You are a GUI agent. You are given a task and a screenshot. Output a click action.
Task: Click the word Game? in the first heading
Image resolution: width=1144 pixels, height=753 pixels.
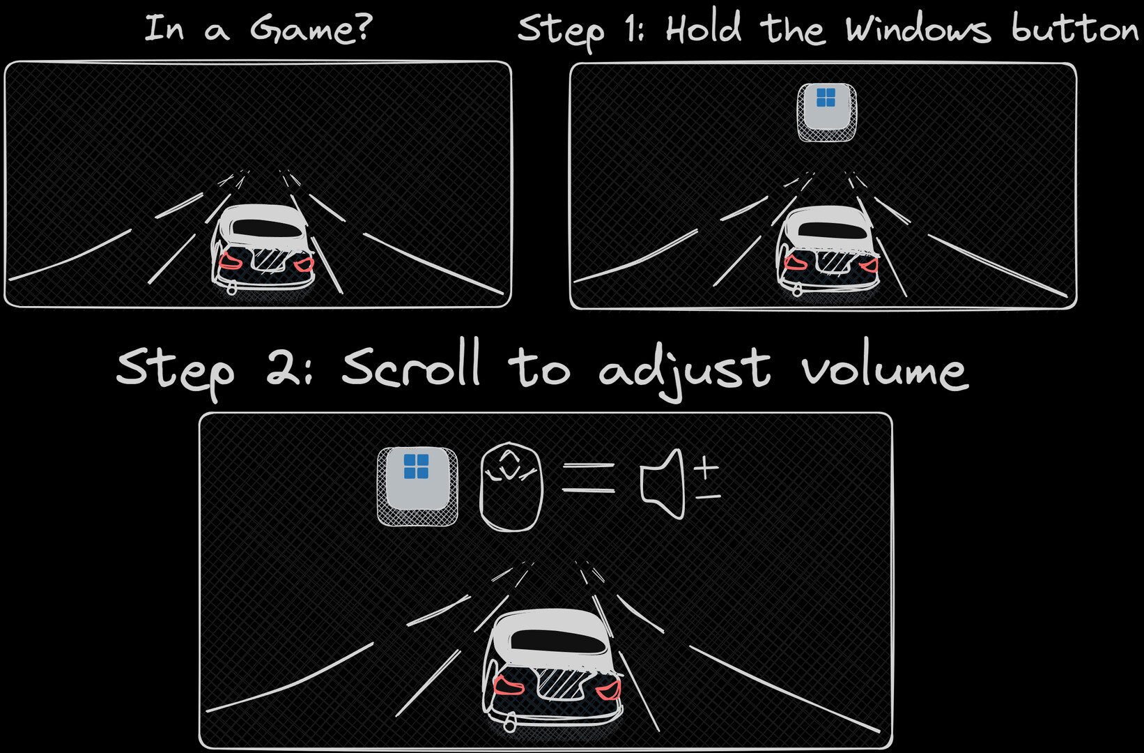(311, 29)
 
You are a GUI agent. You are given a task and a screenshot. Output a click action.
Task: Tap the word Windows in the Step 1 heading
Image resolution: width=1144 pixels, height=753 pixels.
(918, 30)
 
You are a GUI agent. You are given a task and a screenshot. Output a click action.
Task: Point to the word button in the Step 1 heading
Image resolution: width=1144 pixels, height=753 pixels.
(1074, 29)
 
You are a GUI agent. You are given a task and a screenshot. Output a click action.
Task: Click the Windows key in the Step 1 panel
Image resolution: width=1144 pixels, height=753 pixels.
(826, 110)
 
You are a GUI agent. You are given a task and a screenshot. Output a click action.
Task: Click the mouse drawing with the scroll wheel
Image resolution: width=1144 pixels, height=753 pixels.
(511, 487)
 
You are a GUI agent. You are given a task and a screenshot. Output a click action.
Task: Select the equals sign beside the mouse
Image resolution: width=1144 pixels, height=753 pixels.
(588, 478)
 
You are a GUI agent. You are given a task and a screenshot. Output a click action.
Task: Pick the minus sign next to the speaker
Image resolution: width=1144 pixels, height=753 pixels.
(708, 496)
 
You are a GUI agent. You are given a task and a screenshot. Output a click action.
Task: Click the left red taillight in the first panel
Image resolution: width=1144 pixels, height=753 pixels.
(231, 261)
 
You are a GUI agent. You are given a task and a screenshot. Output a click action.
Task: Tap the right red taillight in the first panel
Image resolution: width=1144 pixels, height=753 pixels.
(304, 264)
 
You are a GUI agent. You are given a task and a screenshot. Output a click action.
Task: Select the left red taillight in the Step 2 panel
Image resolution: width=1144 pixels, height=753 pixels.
(508, 685)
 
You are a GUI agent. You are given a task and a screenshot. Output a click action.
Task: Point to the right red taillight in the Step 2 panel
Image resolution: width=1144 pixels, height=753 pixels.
(608, 689)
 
